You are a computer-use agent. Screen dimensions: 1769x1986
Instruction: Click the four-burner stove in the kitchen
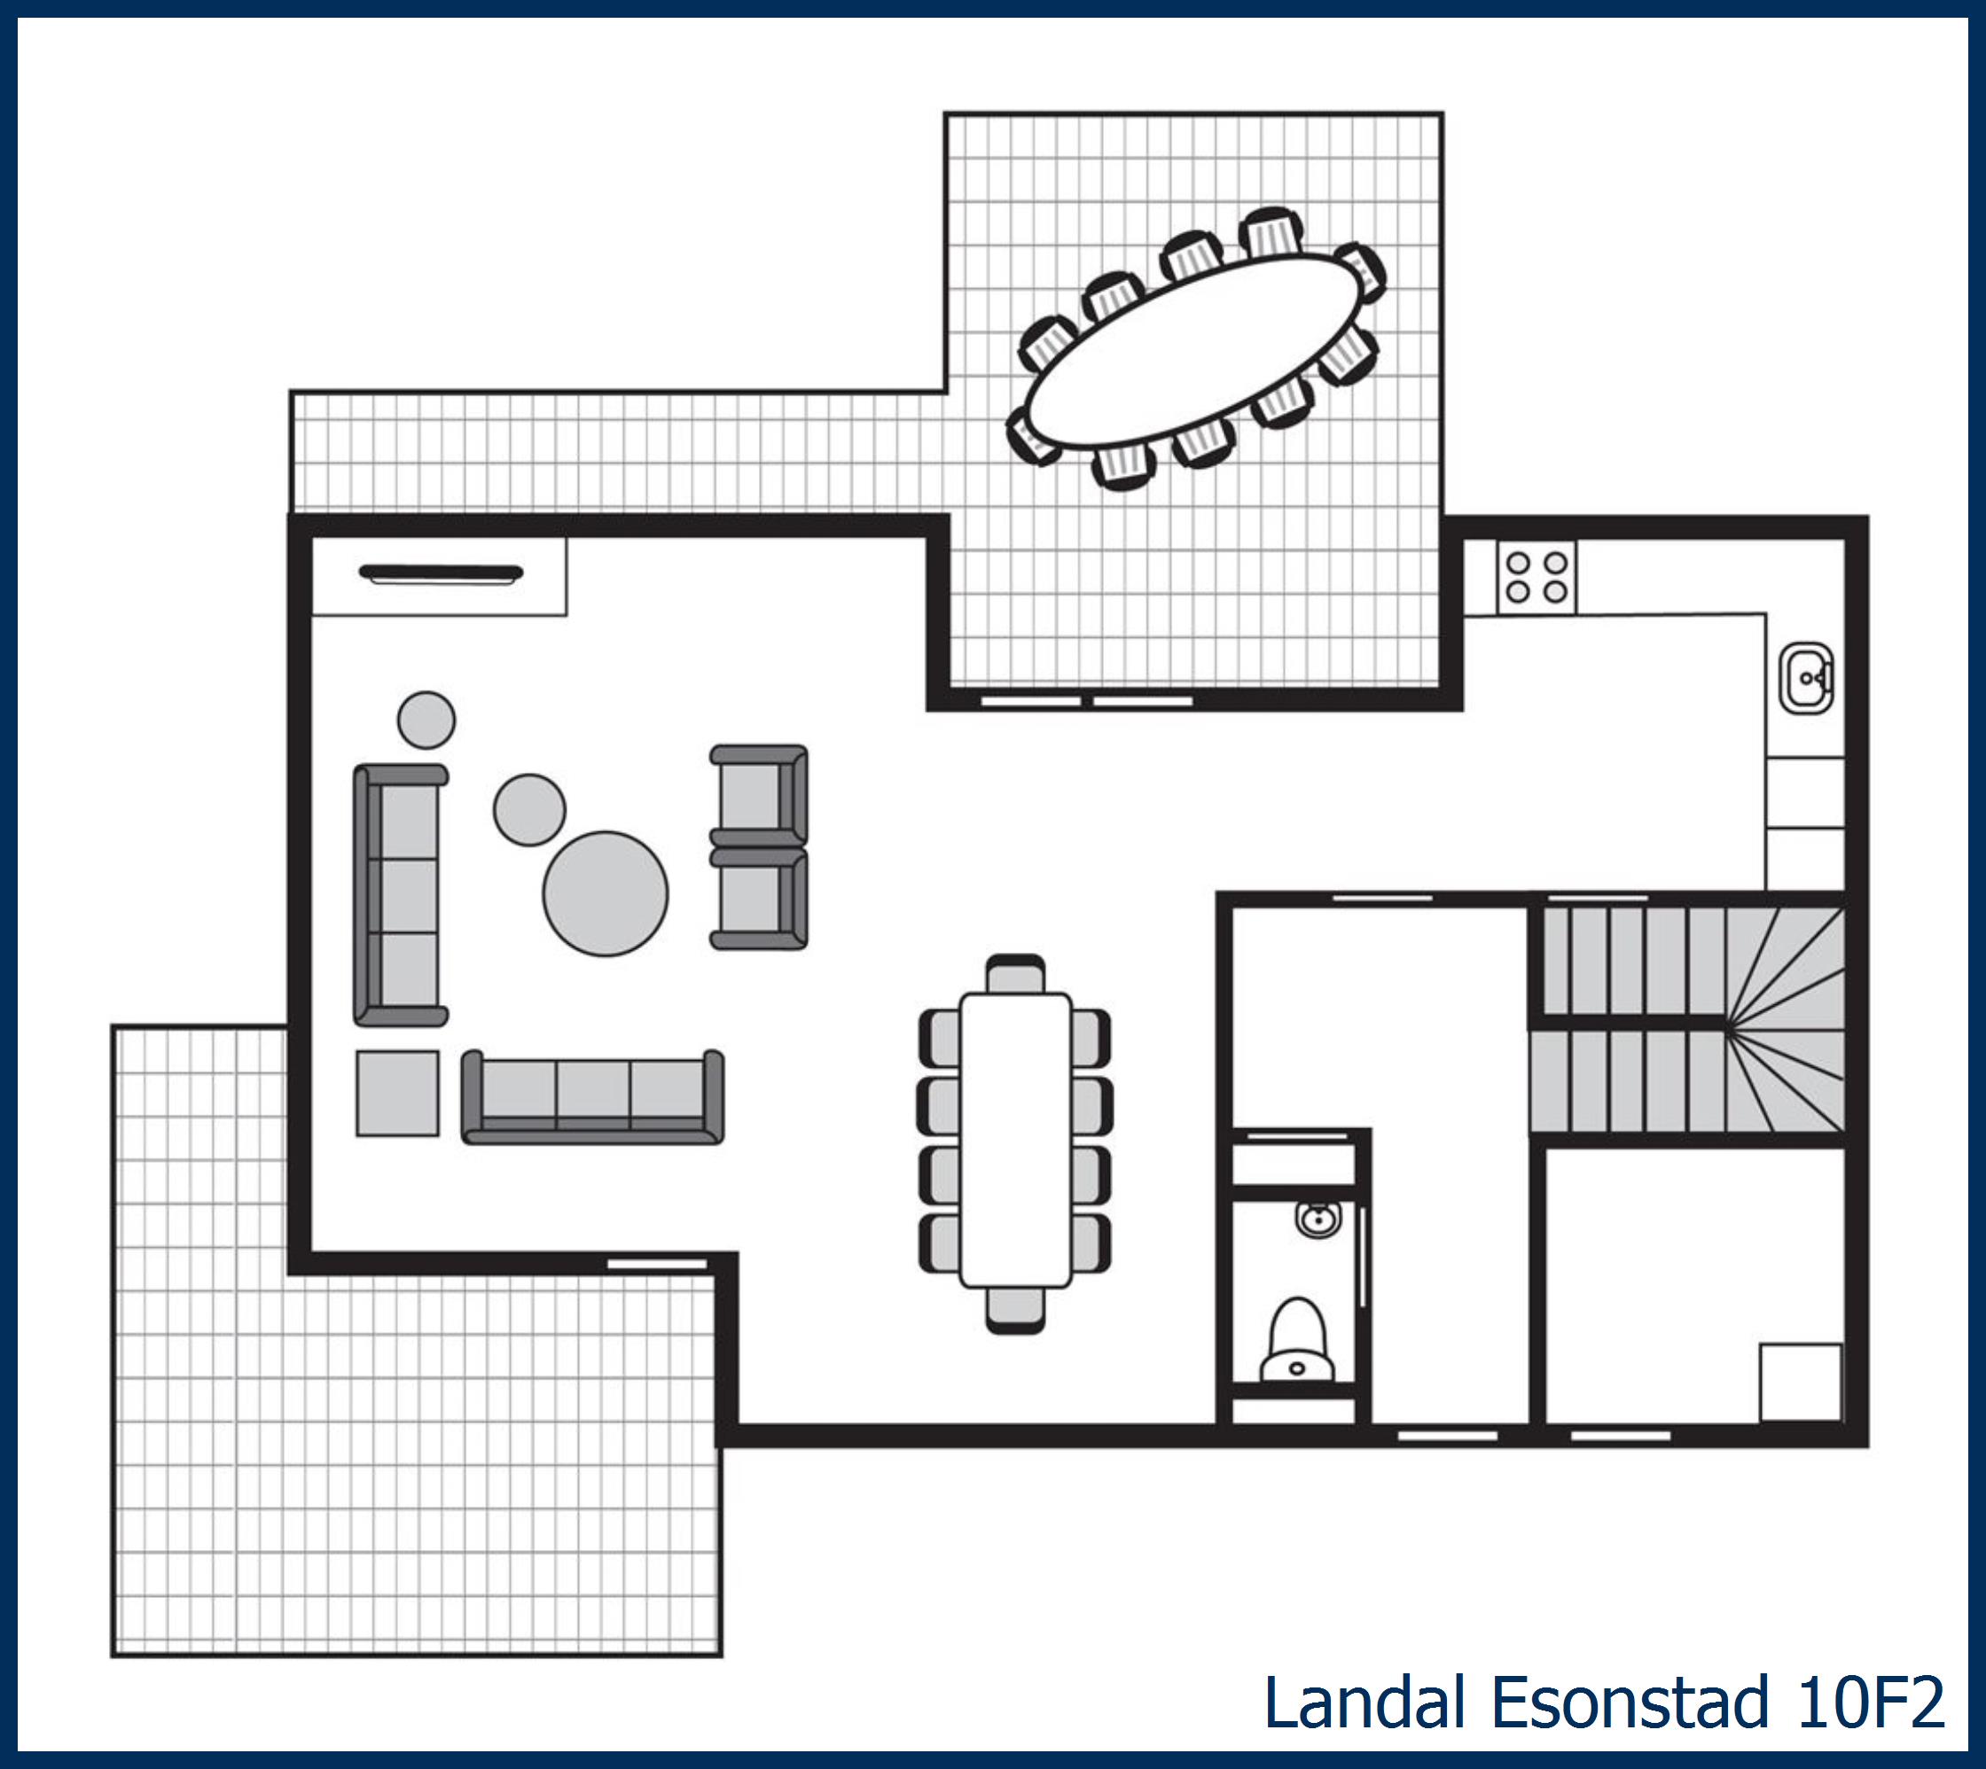(x=1536, y=577)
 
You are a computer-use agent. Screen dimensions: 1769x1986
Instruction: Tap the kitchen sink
(x=1806, y=677)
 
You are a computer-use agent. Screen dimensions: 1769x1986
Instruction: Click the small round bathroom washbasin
(x=1317, y=1218)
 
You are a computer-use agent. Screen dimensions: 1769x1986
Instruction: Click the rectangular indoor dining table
(x=1016, y=1139)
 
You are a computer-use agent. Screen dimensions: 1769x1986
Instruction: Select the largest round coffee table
(x=605, y=893)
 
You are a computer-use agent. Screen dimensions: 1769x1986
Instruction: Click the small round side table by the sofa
(x=426, y=721)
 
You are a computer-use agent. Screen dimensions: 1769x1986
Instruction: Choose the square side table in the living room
(x=396, y=1093)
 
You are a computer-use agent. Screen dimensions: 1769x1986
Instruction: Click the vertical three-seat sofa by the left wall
(x=400, y=895)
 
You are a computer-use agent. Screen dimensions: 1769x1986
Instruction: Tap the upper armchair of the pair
(x=759, y=795)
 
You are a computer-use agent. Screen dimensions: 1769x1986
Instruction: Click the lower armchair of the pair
(x=759, y=898)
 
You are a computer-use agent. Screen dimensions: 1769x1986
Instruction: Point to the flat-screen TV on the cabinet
(x=441, y=573)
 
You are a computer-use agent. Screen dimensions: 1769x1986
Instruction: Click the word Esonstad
(x=1630, y=1701)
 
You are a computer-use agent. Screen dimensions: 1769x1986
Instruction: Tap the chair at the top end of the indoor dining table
(x=1016, y=974)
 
